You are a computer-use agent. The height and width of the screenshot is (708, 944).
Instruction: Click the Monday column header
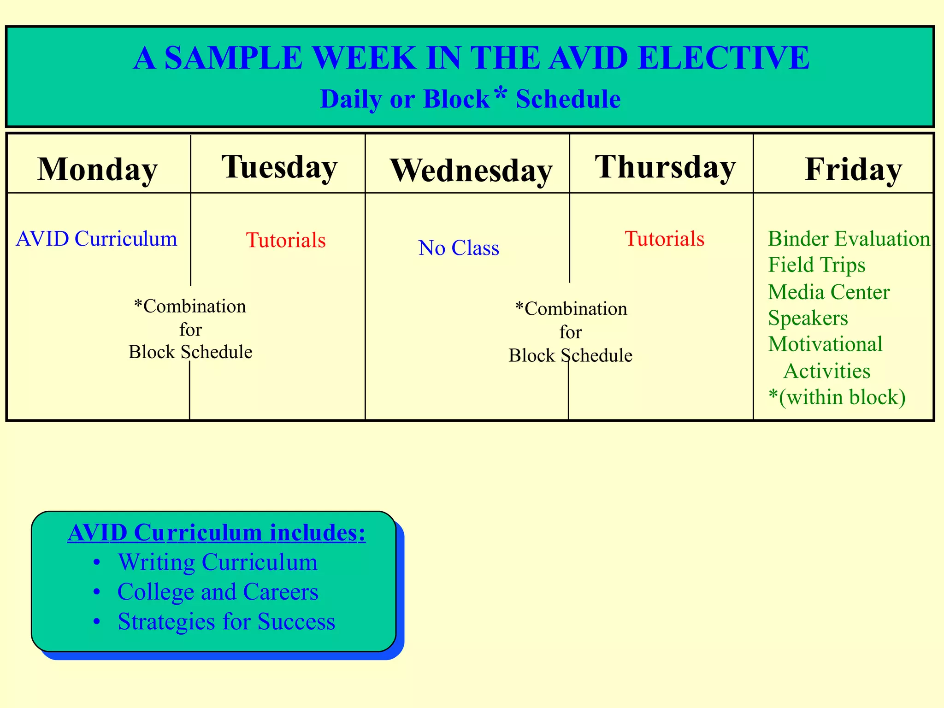pos(97,169)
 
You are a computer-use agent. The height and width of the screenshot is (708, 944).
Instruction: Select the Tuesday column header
pos(279,167)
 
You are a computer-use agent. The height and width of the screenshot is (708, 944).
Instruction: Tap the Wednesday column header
pos(471,171)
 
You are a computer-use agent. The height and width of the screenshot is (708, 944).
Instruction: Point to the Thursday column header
pos(665,167)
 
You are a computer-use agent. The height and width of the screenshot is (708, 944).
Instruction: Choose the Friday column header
pos(853,169)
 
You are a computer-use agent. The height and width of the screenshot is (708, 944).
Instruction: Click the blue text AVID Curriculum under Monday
pos(96,239)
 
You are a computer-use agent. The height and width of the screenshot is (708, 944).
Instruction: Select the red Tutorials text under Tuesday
pos(286,240)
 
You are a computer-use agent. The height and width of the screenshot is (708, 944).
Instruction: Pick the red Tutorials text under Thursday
pos(664,239)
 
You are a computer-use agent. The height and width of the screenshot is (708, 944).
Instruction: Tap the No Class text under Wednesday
pos(459,248)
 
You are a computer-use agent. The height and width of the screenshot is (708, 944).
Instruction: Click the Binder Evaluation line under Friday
pos(849,239)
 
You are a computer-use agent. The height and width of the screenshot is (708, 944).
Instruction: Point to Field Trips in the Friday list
pos(817,265)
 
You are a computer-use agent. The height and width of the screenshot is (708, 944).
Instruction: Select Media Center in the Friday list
pos(829,292)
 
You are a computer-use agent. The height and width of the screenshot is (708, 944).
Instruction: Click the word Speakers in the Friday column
pos(808,318)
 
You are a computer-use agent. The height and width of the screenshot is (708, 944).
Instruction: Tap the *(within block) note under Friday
pos(837,397)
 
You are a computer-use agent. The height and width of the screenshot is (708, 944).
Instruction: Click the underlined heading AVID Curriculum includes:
pos(217,532)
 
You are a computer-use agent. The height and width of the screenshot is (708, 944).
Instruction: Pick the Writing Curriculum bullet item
pos(218,562)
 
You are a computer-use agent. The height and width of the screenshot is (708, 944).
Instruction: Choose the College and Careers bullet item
pos(218,592)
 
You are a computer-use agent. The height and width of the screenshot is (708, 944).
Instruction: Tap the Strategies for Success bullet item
pos(226,621)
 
